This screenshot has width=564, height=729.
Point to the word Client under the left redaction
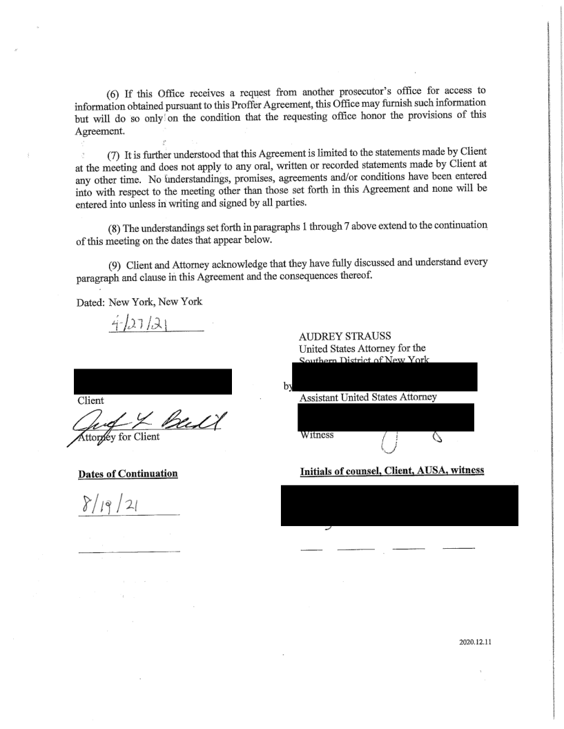tap(92, 400)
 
